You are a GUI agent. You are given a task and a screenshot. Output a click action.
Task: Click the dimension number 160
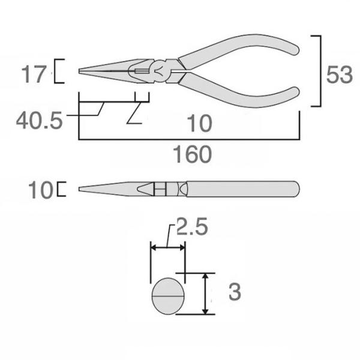click(x=193, y=154)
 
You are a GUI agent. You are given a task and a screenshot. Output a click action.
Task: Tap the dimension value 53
click(x=340, y=75)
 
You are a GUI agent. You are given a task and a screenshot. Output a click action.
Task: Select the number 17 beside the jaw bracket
click(x=34, y=74)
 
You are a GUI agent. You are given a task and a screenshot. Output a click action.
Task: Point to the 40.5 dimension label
click(x=39, y=121)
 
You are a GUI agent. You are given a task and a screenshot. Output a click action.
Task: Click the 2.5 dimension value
click(x=192, y=226)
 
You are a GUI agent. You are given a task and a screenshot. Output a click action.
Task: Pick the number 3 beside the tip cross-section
click(x=235, y=292)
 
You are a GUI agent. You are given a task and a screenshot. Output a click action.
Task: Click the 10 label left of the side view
click(x=41, y=190)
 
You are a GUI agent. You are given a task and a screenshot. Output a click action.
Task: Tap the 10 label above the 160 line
click(x=200, y=124)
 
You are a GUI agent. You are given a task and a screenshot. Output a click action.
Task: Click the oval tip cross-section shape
click(x=168, y=296)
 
